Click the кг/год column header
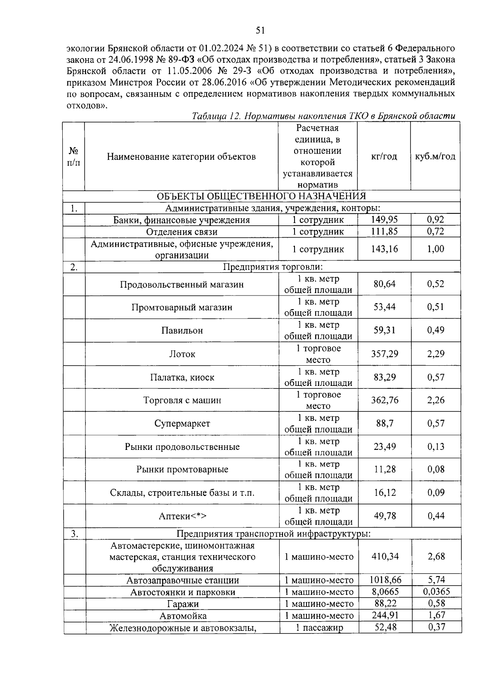(384, 156)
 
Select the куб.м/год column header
(435, 156)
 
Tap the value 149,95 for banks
(384, 220)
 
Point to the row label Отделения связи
(182, 232)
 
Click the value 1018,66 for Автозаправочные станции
(385, 580)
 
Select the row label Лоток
(182, 354)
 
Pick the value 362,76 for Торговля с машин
(385, 400)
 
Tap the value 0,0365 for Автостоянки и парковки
(436, 592)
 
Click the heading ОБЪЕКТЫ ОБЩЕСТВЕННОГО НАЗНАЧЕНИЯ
(261, 196)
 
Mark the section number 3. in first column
(74, 534)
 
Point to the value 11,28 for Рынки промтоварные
(385, 470)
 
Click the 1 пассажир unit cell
(319, 628)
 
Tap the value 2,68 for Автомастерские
(436, 556)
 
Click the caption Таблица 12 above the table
(216, 116)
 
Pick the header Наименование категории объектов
(181, 156)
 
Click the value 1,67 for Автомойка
(436, 615)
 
